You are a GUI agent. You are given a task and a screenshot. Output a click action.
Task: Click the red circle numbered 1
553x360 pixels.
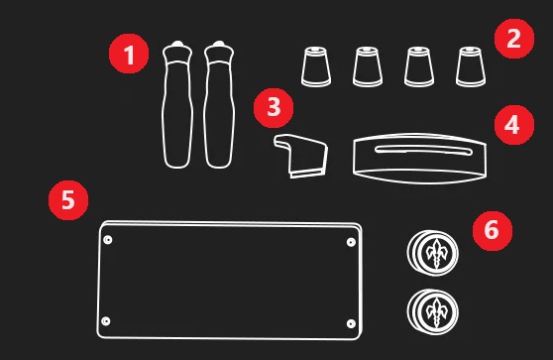point(129,54)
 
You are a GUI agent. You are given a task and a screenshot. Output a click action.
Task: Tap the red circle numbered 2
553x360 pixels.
point(514,39)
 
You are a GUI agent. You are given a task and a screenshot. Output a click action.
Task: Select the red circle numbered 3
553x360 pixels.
point(274,108)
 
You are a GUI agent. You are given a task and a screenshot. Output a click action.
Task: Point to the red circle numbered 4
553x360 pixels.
point(514,125)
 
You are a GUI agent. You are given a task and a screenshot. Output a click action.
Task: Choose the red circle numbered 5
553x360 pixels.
point(68,200)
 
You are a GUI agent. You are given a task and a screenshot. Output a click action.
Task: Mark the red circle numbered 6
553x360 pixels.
point(493,231)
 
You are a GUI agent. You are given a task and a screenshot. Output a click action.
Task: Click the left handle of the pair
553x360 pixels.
point(177,104)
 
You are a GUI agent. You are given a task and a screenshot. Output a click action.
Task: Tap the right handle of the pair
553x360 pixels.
point(219,104)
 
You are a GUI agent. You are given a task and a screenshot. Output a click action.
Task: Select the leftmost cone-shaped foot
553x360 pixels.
point(316,66)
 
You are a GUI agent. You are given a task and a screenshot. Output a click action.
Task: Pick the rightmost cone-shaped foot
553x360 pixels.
point(471,66)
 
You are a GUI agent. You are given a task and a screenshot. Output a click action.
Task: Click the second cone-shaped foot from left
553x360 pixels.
point(368,66)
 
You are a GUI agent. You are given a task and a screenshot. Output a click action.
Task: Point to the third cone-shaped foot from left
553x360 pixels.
point(419,66)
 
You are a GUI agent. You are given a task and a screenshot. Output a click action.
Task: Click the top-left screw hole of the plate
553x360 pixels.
point(108,240)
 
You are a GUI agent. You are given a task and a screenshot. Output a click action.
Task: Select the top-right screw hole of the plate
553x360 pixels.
point(351,242)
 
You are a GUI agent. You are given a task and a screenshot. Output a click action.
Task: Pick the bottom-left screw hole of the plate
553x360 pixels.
point(105,321)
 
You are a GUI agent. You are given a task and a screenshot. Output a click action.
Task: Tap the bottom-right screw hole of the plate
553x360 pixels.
point(351,323)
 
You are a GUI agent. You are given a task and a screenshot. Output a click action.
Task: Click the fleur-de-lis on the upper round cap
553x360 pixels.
point(437,254)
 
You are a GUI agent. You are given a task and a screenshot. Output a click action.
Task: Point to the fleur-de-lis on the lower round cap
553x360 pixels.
point(437,313)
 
